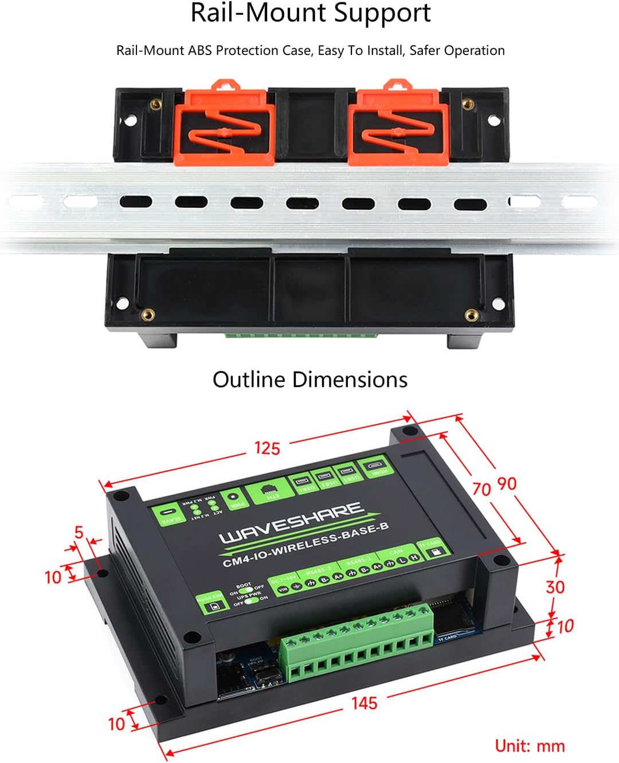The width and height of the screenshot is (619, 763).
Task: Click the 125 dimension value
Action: [x=267, y=448]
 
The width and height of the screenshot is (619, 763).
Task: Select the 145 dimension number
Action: [x=365, y=703]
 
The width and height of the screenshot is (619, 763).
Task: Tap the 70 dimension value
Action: [x=481, y=488]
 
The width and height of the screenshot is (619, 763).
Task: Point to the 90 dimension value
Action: [x=507, y=484]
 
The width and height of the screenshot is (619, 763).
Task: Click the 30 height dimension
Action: [x=555, y=587]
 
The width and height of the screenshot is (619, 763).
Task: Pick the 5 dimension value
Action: [x=79, y=533]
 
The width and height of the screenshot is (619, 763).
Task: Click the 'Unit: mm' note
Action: [x=530, y=745]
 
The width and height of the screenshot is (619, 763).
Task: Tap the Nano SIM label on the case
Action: [x=210, y=602]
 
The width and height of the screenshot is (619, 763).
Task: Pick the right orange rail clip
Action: [x=399, y=123]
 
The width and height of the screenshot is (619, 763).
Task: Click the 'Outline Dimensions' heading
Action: [x=309, y=379]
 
